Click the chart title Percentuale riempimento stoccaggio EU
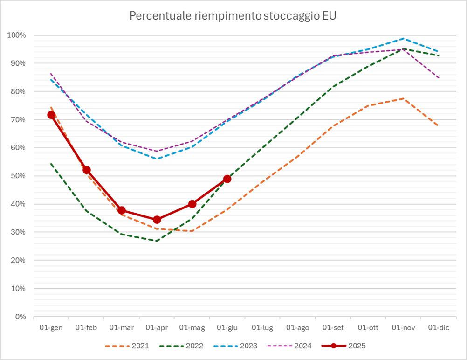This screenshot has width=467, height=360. (x=233, y=16)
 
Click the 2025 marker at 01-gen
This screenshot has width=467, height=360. (x=51, y=115)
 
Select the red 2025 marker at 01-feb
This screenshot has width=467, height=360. (x=87, y=170)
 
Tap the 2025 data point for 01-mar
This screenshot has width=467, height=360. (x=122, y=210)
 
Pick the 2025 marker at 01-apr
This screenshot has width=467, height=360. (x=157, y=220)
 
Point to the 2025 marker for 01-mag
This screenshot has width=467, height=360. (x=192, y=204)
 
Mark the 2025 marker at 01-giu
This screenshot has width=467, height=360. (x=227, y=179)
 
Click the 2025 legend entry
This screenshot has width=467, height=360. (x=344, y=346)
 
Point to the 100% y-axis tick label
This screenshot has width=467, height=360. (x=16, y=35)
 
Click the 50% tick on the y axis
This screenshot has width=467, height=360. (x=18, y=176)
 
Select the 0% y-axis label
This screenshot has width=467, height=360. (x=20, y=317)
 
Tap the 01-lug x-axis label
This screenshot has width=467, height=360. (x=263, y=328)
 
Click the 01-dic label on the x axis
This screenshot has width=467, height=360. (x=439, y=328)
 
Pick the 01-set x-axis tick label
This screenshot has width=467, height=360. (x=333, y=328)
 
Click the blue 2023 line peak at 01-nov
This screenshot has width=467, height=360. (x=404, y=38)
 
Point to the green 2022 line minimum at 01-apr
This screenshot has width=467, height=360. (x=157, y=241)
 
